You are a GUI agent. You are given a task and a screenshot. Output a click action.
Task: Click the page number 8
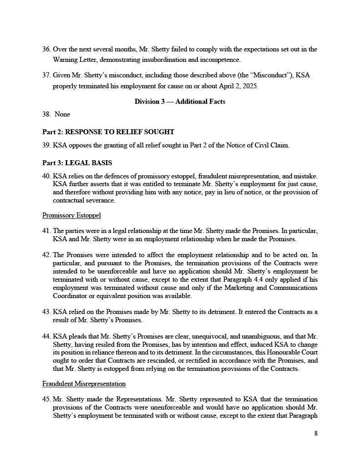316,433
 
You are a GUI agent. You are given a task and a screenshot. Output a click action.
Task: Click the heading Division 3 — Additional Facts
180,101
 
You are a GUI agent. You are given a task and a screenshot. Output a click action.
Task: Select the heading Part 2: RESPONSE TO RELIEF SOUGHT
108,132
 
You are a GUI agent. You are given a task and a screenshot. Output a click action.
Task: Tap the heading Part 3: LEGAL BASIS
77,163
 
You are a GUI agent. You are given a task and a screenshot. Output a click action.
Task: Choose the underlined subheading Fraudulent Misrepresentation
84,384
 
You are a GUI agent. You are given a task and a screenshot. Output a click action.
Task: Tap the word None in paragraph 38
62,115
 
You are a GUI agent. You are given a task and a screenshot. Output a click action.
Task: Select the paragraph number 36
46,49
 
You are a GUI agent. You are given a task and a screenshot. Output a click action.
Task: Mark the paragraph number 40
46,176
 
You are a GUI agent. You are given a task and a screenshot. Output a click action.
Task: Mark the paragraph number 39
46,145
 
